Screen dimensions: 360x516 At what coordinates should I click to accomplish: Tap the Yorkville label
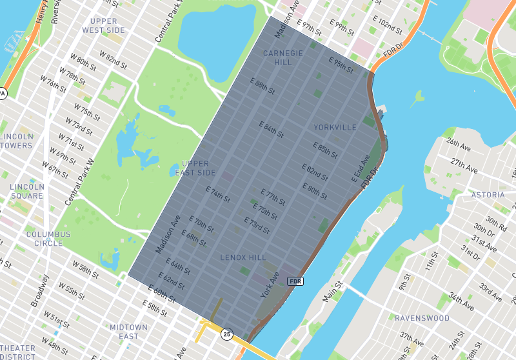click(335, 128)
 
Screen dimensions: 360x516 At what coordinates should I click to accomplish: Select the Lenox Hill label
click(243, 257)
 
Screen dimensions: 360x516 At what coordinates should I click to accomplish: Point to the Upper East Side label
click(195, 168)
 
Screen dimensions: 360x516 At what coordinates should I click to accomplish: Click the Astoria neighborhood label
click(488, 195)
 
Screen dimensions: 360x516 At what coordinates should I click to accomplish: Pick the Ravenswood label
click(422, 318)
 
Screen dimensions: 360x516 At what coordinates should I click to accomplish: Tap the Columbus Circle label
click(45, 238)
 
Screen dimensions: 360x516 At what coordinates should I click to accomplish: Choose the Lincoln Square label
click(26, 191)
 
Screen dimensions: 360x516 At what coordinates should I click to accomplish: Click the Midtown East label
click(128, 332)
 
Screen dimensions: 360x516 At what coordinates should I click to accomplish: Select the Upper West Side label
click(103, 26)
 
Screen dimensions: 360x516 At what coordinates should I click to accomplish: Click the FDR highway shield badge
click(295, 281)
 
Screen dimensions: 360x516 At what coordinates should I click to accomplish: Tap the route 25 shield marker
click(226, 334)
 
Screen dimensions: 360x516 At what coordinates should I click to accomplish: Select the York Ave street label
click(269, 284)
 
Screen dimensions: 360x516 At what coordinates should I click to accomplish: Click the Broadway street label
click(41, 291)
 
